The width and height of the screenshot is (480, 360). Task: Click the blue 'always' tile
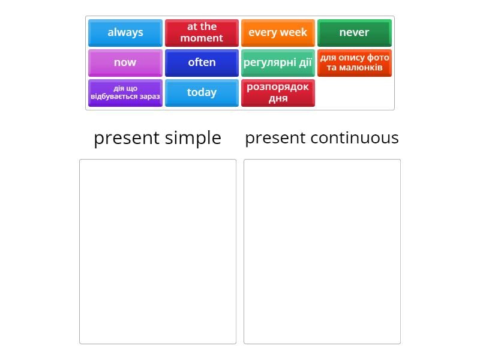(x=125, y=32)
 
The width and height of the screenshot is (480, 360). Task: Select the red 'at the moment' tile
(x=202, y=32)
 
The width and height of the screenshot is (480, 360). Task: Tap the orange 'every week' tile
(x=278, y=32)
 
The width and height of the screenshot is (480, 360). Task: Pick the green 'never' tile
(x=354, y=32)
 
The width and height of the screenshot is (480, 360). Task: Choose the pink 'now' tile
(x=125, y=62)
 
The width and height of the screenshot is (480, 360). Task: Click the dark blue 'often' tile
(x=202, y=62)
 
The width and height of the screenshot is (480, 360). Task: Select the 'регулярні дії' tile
(x=278, y=62)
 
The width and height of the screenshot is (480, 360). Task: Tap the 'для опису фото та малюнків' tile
(x=354, y=62)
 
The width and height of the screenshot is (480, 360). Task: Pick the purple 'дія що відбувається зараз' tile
(x=125, y=92)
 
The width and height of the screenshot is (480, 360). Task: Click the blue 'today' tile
(x=202, y=92)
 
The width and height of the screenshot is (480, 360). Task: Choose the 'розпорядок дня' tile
(x=278, y=92)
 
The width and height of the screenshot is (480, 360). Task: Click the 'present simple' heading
(x=157, y=138)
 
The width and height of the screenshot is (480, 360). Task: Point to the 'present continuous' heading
(x=322, y=138)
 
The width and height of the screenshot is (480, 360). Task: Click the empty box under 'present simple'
(x=158, y=251)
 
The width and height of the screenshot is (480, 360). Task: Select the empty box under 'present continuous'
(x=322, y=251)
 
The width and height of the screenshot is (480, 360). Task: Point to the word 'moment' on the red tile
(x=202, y=38)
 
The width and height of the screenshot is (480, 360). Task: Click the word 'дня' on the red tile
(x=278, y=98)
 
